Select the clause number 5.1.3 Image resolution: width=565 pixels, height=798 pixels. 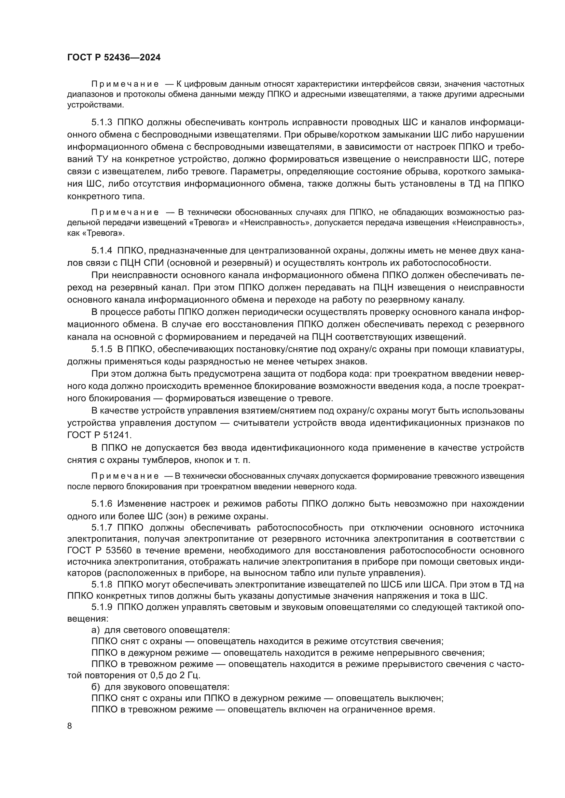(x=102, y=122)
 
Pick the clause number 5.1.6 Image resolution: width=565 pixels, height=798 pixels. (x=102, y=504)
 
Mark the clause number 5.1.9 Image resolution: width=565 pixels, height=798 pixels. (x=102, y=607)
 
